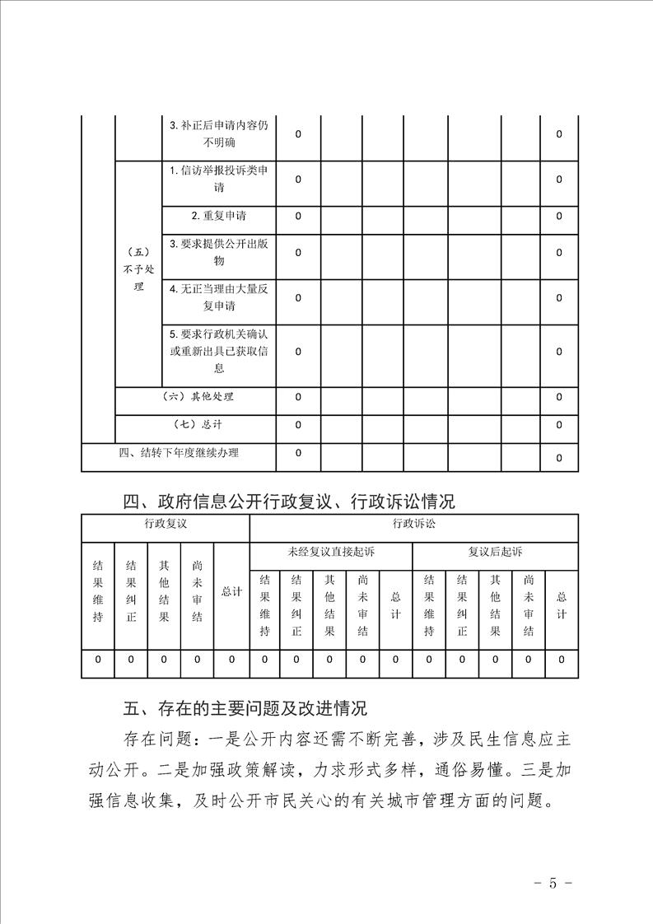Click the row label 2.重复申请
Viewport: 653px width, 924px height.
tap(219, 216)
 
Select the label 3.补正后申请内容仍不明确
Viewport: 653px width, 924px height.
tap(219, 133)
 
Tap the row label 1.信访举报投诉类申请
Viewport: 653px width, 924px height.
tap(219, 179)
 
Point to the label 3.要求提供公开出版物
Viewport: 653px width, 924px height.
tap(219, 252)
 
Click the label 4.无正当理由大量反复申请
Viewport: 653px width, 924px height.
tap(219, 297)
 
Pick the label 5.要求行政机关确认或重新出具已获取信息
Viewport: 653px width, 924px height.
tap(219, 352)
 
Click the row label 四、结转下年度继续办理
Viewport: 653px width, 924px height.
tap(179, 452)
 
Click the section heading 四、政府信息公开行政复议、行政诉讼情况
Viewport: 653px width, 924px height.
tap(288, 502)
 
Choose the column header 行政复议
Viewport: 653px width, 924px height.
tap(165, 524)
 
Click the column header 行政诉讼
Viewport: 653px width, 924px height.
tap(413, 524)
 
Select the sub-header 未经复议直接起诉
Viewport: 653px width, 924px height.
tap(330, 552)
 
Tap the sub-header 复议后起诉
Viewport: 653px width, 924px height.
tap(495, 552)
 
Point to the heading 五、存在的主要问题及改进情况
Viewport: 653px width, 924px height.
tap(244, 708)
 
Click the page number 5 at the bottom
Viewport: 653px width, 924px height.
tap(553, 883)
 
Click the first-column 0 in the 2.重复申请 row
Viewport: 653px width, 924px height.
tap(298, 216)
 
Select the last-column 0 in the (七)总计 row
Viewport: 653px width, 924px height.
tap(559, 425)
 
